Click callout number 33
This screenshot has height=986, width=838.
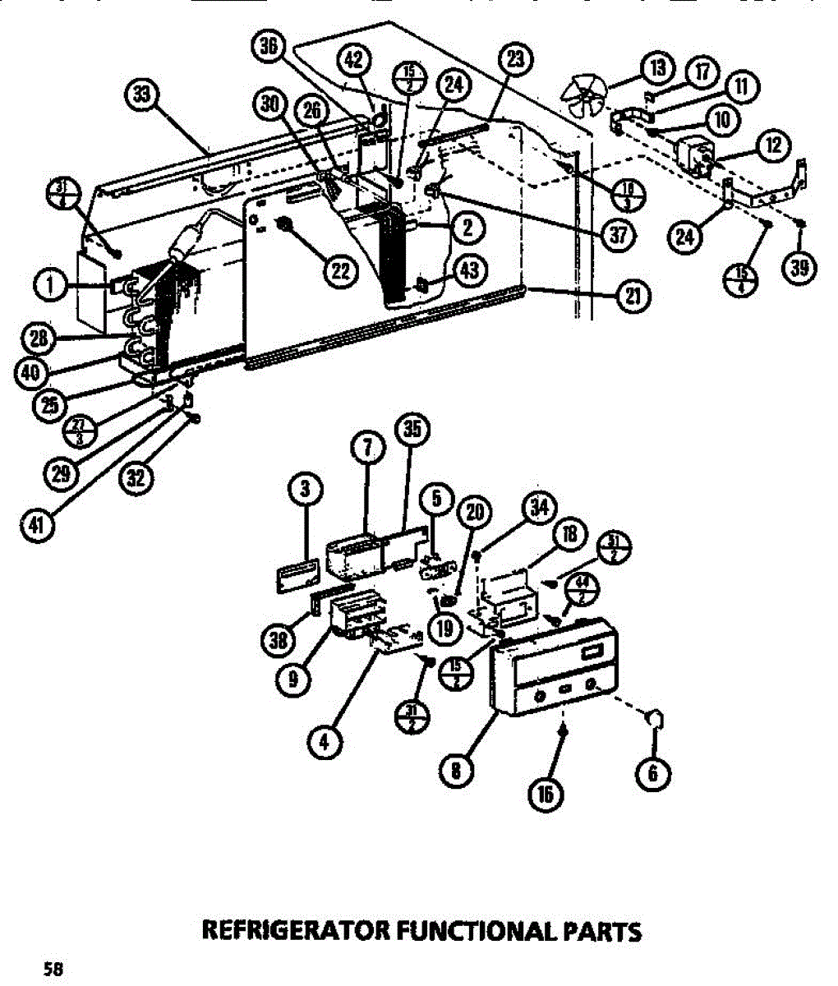(143, 95)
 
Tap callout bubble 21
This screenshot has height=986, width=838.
(633, 295)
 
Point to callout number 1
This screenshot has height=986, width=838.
(51, 285)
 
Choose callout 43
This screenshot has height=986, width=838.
(470, 271)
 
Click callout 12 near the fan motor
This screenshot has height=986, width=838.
(773, 147)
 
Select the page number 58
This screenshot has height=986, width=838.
(53, 967)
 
